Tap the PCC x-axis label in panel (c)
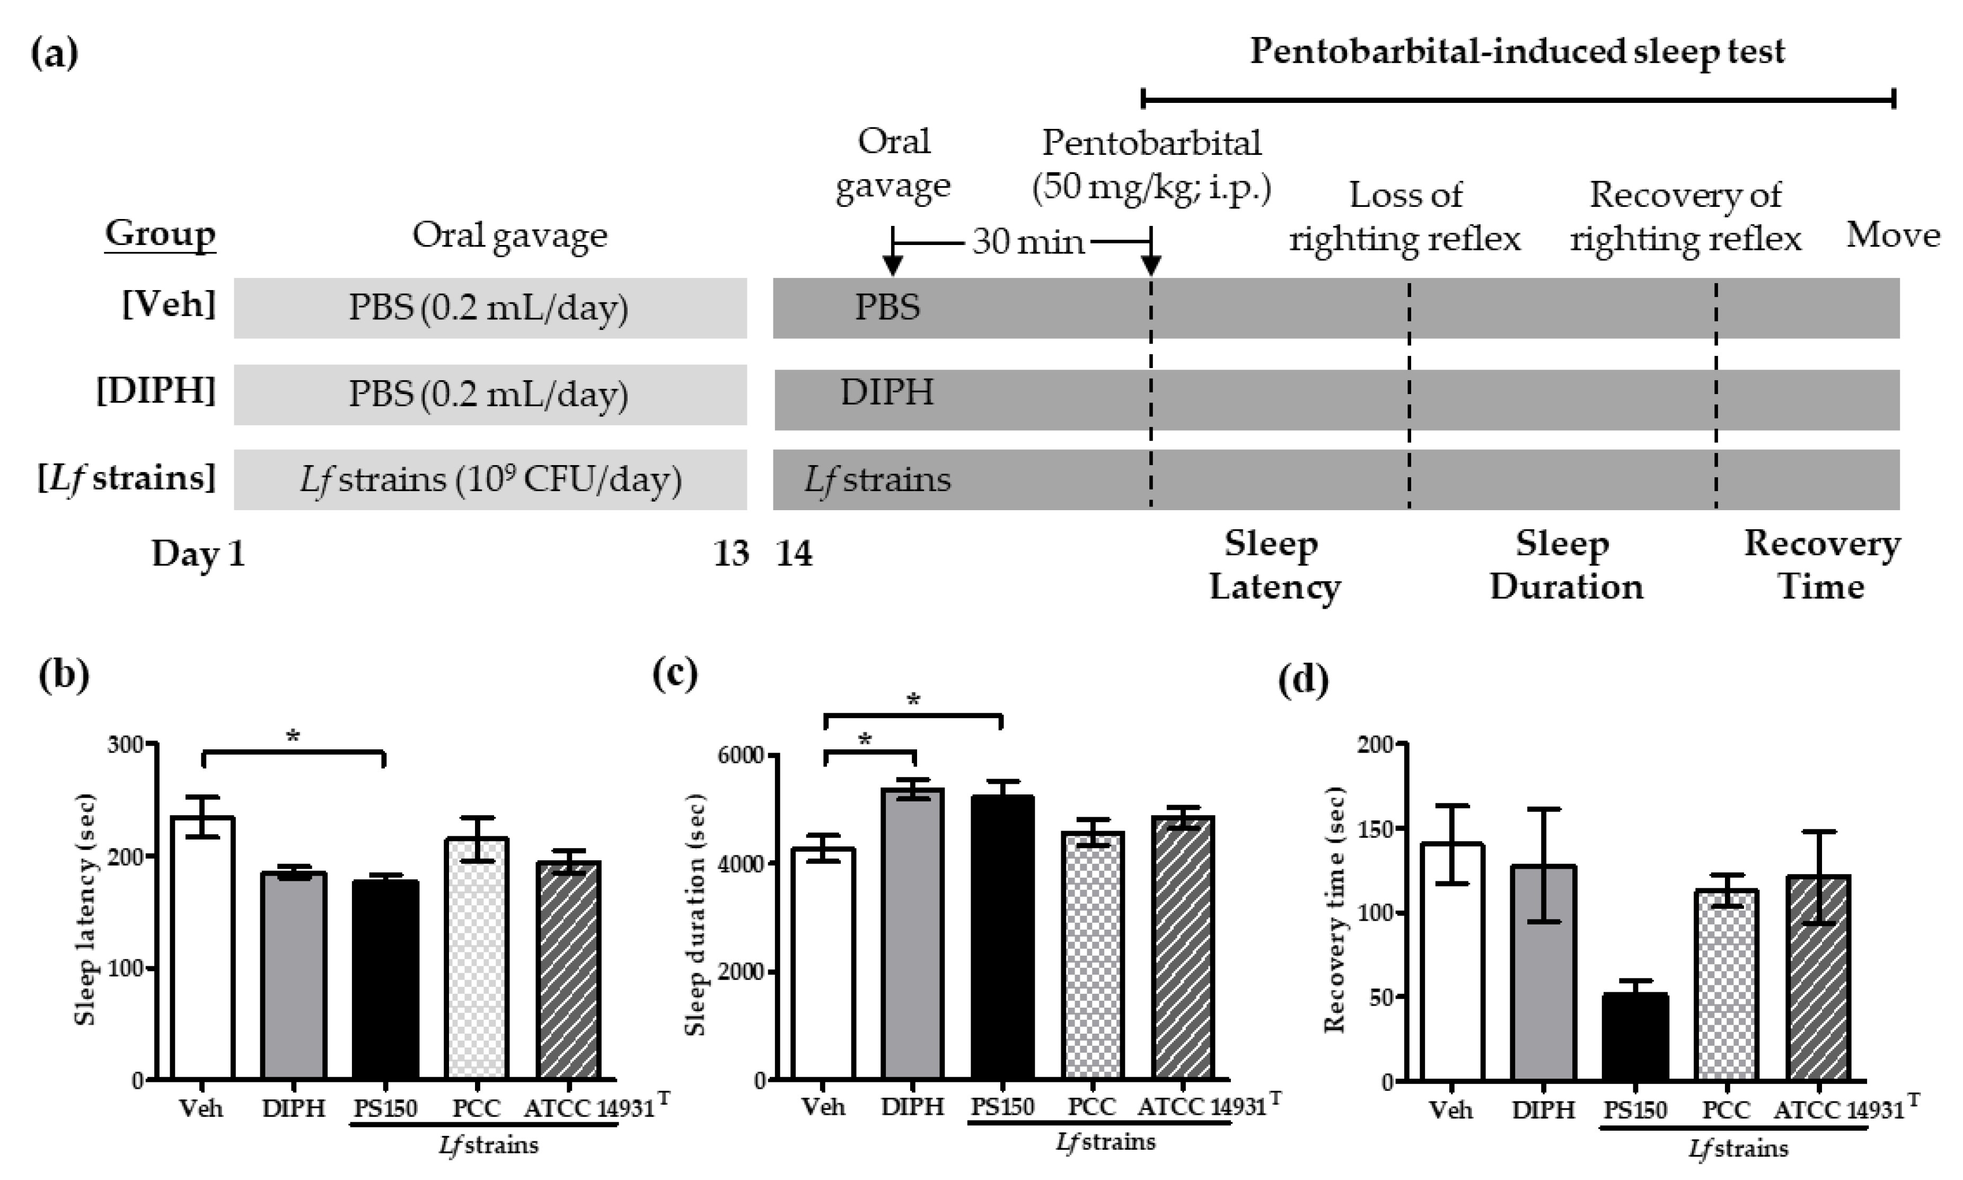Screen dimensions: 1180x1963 pyautogui.click(x=1091, y=1107)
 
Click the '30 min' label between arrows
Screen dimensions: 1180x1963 pyautogui.click(x=1027, y=241)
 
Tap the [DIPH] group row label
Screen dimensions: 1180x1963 pyautogui.click(x=156, y=391)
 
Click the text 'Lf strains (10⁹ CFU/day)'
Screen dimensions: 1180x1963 pyautogui.click(x=490, y=479)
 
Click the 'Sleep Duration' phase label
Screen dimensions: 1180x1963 pyautogui.click(x=1565, y=565)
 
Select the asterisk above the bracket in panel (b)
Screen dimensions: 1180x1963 pyautogui.click(x=293, y=736)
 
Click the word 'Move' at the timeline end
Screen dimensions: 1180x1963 pyautogui.click(x=1892, y=235)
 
